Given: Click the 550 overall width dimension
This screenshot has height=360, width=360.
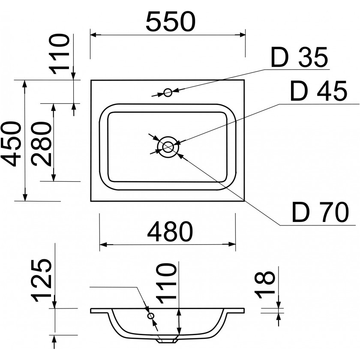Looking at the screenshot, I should [x=170, y=21].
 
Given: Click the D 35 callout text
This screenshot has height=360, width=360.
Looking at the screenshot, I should [x=300, y=58].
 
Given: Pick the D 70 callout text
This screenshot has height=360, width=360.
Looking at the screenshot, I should [x=319, y=213].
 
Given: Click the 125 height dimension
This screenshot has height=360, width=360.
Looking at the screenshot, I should [x=43, y=280].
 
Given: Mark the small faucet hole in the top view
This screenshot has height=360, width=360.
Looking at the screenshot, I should [x=168, y=92].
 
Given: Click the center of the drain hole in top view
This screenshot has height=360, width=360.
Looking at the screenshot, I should [x=167, y=147].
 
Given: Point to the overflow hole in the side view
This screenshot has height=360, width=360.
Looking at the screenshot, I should [x=150, y=316].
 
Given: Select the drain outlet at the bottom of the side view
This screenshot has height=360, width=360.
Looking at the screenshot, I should [x=167, y=340].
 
